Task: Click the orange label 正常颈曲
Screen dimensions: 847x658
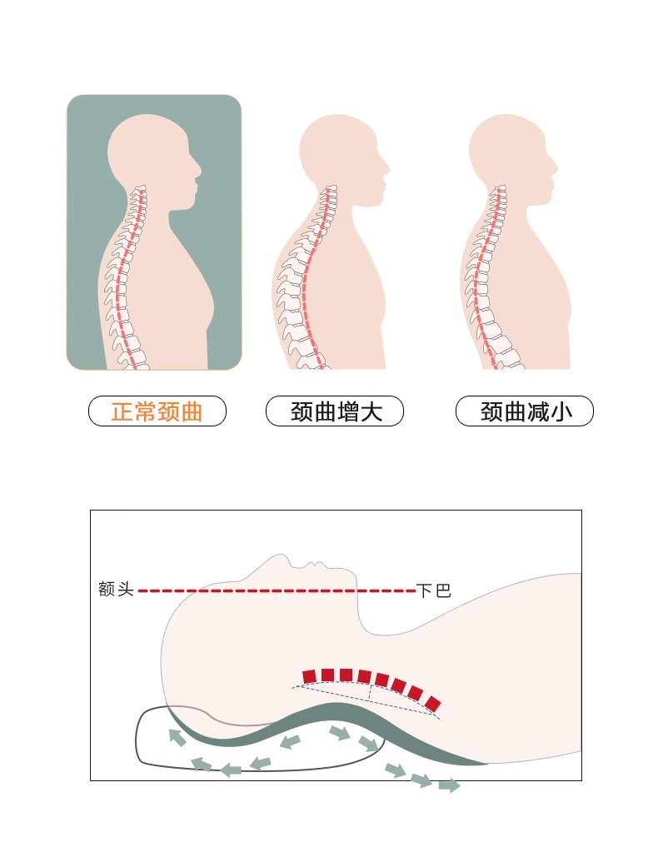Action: coord(157,411)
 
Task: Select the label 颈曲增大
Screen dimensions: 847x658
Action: coord(335,411)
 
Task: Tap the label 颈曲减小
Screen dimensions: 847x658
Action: coord(525,411)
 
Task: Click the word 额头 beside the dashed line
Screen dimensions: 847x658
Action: coord(116,590)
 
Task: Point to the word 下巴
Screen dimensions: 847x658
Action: coord(433,591)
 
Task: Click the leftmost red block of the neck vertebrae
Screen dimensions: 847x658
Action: coord(310,675)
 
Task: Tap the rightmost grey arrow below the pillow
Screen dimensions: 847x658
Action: coord(449,785)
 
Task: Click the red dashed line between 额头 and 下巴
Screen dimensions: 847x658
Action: coord(275,590)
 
